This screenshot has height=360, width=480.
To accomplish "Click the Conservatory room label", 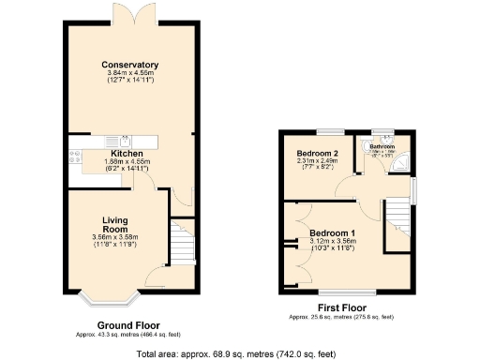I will pyautogui.click(x=130, y=65).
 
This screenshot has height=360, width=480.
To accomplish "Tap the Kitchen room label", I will pyautogui.click(x=127, y=153).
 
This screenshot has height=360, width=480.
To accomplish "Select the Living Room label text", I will pyautogui.click(x=114, y=225).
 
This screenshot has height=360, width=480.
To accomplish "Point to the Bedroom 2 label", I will pyautogui.click(x=317, y=154).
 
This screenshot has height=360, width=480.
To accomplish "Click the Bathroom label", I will pyautogui.click(x=382, y=147).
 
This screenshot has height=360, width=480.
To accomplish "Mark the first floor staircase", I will pyautogui.click(x=399, y=215).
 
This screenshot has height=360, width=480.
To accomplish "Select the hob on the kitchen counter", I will pyautogui.click(x=73, y=161).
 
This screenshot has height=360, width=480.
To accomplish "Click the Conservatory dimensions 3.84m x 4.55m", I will pyautogui.click(x=130, y=73).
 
